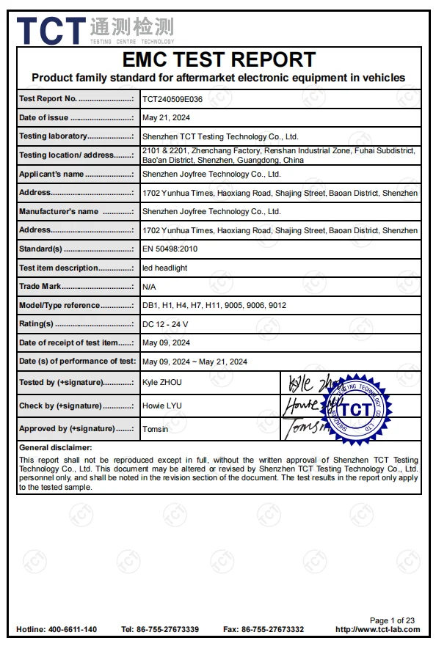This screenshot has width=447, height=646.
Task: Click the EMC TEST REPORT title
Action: [x=219, y=59]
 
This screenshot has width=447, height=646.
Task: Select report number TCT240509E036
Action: [x=172, y=99]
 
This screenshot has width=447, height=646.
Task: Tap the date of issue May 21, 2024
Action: [x=166, y=118]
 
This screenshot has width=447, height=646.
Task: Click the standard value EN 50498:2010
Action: [x=170, y=249]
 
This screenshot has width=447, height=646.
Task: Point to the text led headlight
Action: [x=164, y=268]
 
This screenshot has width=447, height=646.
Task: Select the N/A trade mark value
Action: [x=149, y=287]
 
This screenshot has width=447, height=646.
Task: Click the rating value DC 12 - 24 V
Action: [x=165, y=324]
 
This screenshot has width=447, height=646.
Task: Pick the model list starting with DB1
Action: [x=214, y=305]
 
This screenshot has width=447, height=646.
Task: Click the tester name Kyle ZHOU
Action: [x=161, y=383]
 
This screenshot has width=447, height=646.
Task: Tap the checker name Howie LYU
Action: [x=161, y=405]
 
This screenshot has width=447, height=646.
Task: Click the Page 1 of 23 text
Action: [x=392, y=620]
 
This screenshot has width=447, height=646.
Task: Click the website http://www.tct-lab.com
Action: [x=377, y=630]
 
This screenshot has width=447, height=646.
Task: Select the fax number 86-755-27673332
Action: [x=273, y=630]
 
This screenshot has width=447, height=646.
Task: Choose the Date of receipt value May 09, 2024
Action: [x=166, y=342]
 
